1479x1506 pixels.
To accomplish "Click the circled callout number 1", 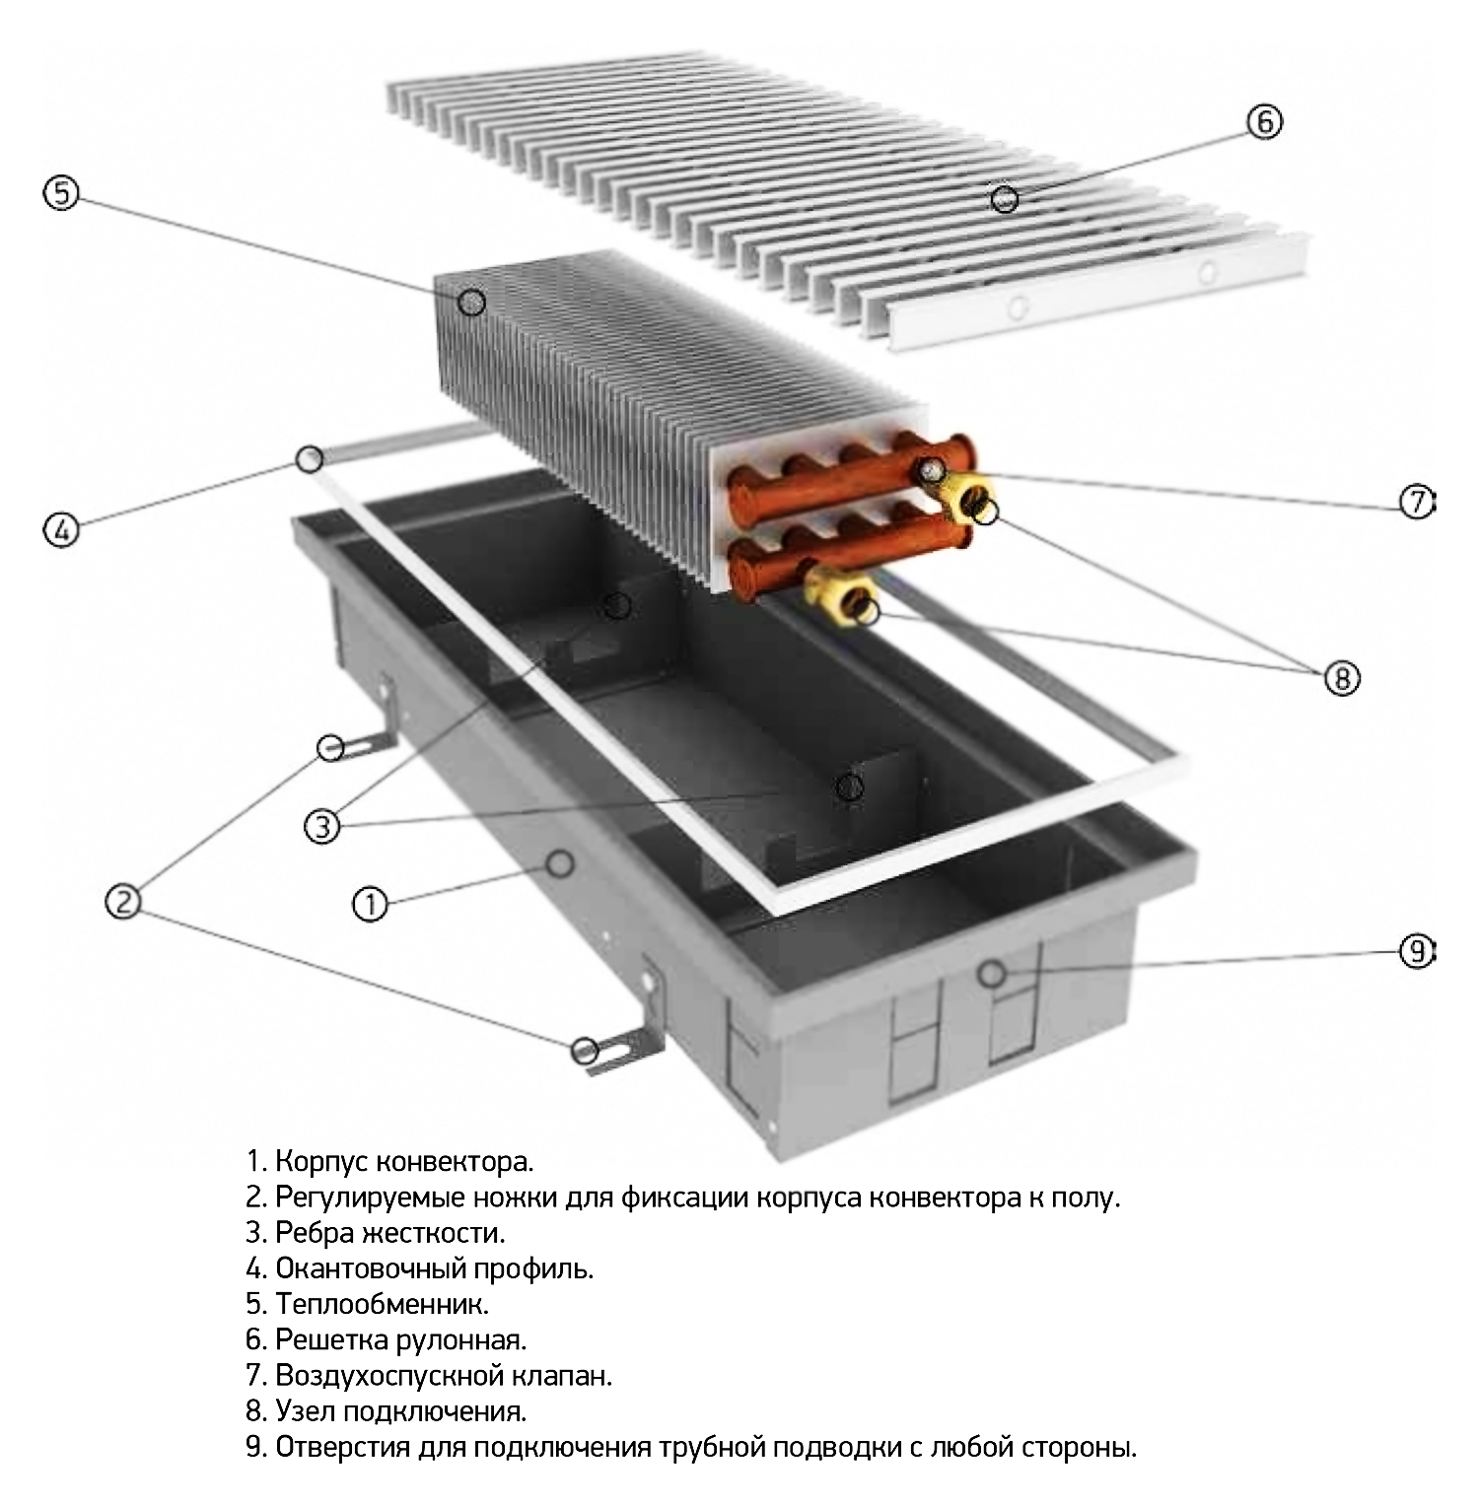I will click(370, 904).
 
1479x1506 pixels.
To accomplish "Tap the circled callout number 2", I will click(123, 901).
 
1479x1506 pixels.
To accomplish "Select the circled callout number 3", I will click(322, 826).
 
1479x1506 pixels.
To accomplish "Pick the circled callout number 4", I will click(61, 531).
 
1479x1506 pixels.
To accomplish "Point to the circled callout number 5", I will click(61, 193).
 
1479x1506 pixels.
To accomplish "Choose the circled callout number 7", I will click(1417, 503).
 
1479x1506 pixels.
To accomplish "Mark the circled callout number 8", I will click(1342, 678).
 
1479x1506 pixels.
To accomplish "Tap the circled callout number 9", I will click(1417, 951).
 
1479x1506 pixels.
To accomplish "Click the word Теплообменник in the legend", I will click(382, 1304).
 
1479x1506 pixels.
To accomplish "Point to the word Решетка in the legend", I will click(331, 1339).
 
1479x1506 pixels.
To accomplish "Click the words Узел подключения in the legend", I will click(400, 1410).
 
